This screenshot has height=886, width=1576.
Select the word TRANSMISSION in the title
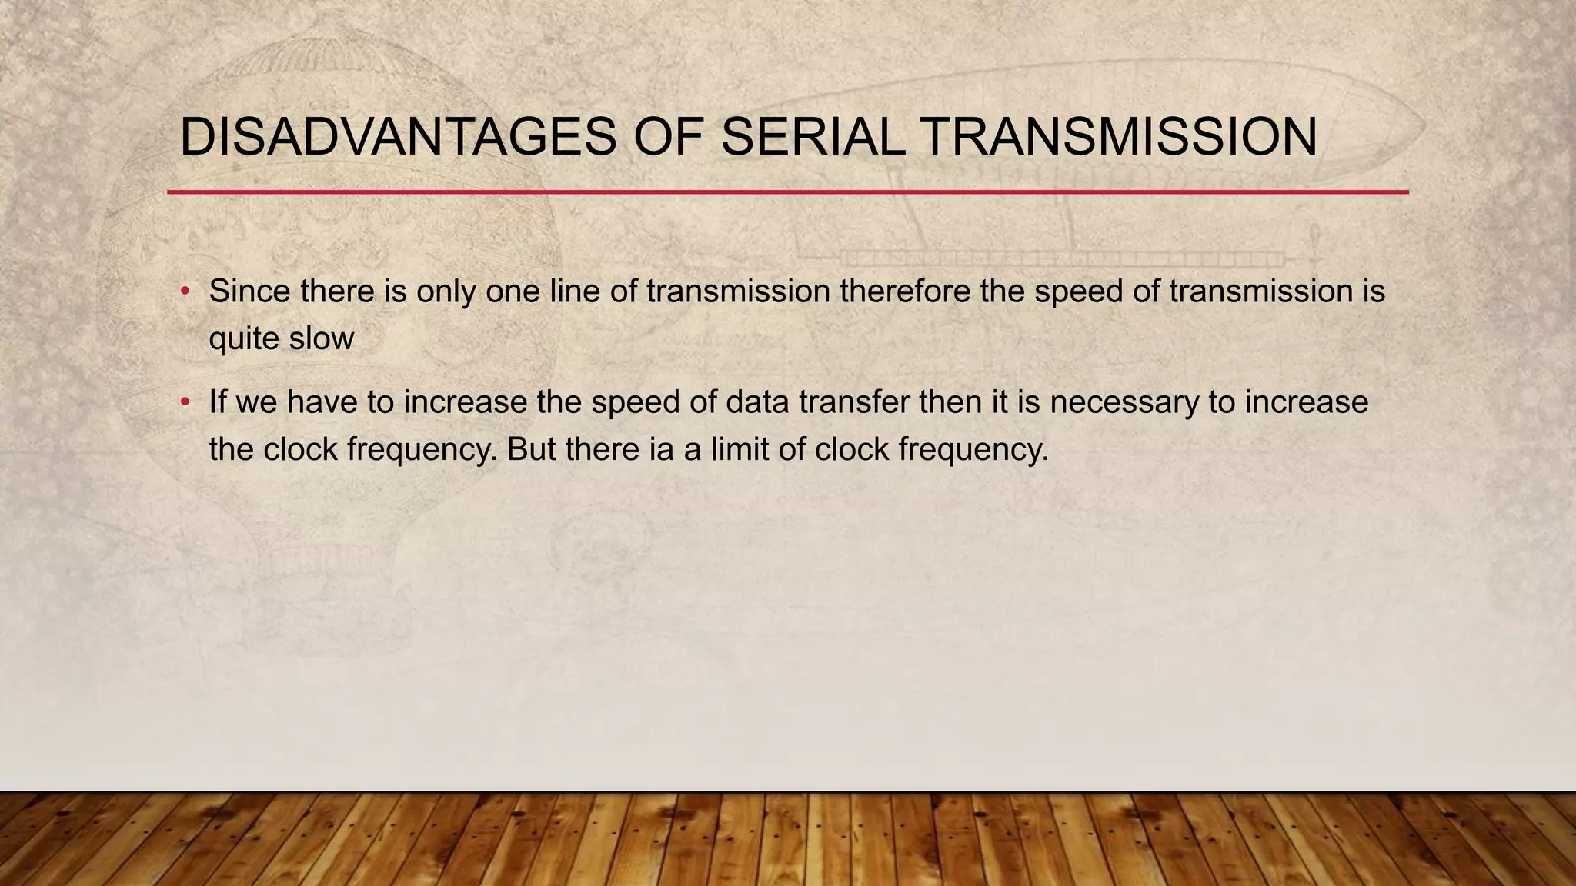[x=1119, y=138]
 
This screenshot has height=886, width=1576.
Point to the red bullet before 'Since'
[x=185, y=291]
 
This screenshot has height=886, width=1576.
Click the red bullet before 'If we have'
[x=185, y=402]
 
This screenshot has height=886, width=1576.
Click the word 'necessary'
[x=1124, y=402]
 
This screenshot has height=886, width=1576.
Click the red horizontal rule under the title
[x=788, y=192]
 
